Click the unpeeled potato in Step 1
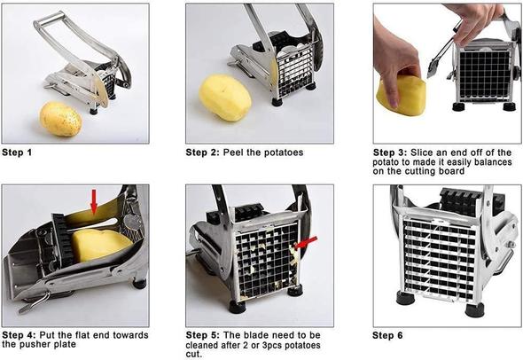(x=60, y=119)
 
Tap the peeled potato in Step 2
(x=225, y=97)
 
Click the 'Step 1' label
(x=17, y=153)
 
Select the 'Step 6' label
(x=387, y=335)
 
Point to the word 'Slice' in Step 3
(x=422, y=153)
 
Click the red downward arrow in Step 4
(x=94, y=202)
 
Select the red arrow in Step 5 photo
(x=306, y=243)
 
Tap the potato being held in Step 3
(x=402, y=96)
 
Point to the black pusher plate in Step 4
(x=63, y=239)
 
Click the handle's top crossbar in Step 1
(x=50, y=19)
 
